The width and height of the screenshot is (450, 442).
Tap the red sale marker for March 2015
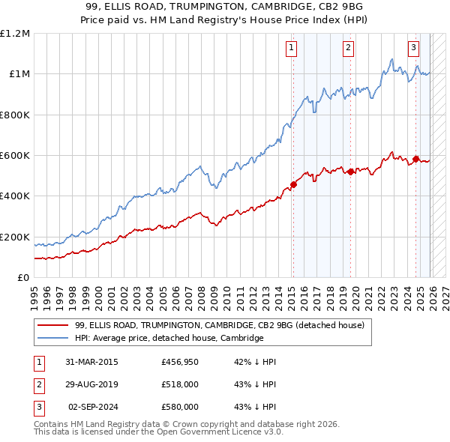pyautogui.click(x=293, y=185)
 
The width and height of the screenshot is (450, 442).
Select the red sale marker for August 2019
pyautogui.click(x=350, y=172)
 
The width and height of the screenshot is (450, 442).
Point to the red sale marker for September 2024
pyautogui.click(x=415, y=159)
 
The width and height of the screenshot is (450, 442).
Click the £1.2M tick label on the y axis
pyautogui.click(x=15, y=34)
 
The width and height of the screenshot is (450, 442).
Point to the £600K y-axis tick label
pyautogui.click(x=15, y=156)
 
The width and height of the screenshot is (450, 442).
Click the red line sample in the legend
pyautogui.click(x=53, y=326)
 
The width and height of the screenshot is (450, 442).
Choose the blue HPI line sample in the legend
pyautogui.click(x=53, y=339)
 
